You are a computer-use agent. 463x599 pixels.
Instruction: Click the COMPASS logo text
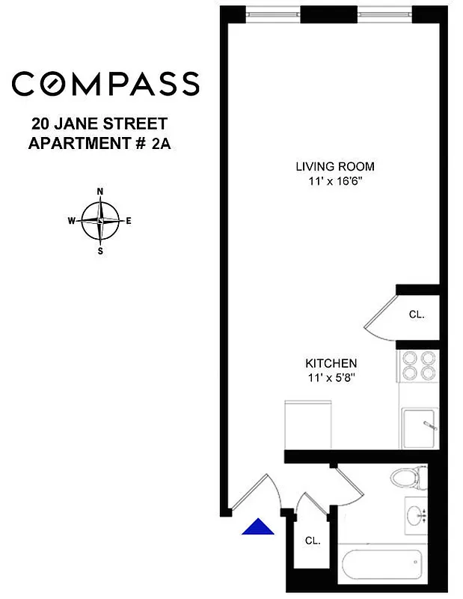105,83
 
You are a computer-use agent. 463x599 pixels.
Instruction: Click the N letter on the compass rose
100,192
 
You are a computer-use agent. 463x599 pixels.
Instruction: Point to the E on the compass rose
129,221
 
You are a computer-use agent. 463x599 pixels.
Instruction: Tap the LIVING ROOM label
334,166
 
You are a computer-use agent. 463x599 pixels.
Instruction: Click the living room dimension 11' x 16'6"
334,180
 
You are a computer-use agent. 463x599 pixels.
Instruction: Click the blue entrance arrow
258,528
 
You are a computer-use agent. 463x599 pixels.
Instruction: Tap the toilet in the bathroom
408,476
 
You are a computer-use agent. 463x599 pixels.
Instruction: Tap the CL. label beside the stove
417,315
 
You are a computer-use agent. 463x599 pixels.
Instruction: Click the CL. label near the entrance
312,540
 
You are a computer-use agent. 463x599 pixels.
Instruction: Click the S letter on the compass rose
100,251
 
